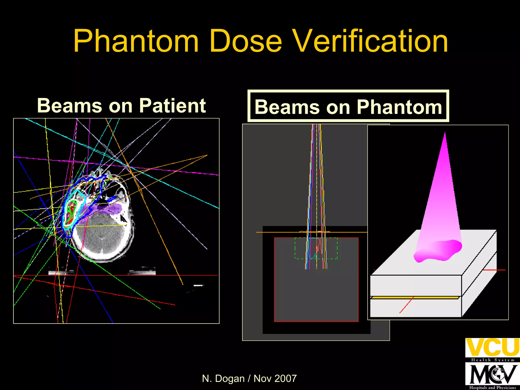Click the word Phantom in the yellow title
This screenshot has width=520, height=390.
tap(136, 41)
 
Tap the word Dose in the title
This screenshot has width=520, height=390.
tap(246, 41)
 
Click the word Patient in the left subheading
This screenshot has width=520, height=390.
tap(172, 106)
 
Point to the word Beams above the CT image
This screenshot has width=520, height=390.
tap(70, 106)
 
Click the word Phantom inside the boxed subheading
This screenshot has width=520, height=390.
tap(399, 107)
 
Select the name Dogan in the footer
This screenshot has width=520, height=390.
tap(230, 379)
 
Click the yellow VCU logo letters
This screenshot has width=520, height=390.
tap(492, 347)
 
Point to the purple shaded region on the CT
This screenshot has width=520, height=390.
tap(107, 209)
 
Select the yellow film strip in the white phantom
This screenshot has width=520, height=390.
tap(415, 297)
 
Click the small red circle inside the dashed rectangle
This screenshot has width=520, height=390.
tap(317, 248)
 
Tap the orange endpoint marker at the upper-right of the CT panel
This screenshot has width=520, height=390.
tap(207, 155)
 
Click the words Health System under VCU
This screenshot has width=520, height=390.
tap(492, 360)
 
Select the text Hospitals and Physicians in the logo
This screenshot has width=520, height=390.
tap(492, 387)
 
